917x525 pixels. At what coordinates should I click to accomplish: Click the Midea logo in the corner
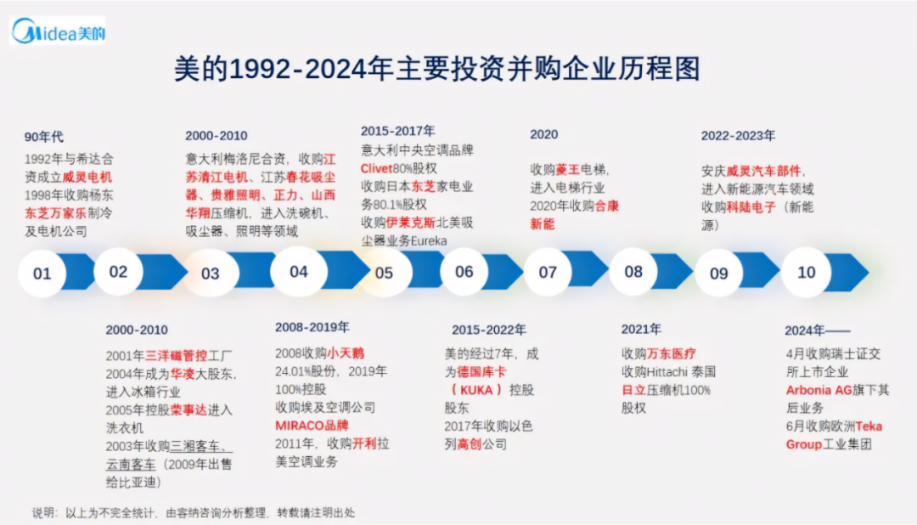(x=58, y=31)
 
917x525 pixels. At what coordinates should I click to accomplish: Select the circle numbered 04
(x=298, y=272)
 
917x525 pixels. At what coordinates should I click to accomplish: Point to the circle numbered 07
(x=548, y=273)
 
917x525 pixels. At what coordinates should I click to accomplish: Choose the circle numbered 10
(x=806, y=272)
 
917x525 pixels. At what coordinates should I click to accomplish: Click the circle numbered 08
(x=633, y=272)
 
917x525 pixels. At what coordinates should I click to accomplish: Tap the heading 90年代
(x=43, y=137)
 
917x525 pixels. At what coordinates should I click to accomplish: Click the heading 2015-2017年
(x=397, y=131)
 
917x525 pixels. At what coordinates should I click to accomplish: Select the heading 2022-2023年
(x=738, y=135)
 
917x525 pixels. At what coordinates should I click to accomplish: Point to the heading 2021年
(x=641, y=329)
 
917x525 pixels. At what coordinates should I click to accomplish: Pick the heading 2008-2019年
(x=312, y=327)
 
